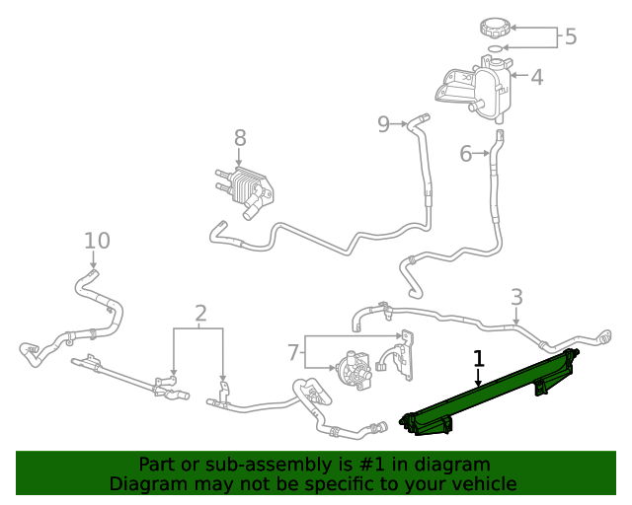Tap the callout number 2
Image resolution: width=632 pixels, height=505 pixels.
pos(200,314)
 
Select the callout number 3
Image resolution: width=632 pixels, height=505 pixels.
pos(516,297)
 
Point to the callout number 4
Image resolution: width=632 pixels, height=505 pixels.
pos(536,77)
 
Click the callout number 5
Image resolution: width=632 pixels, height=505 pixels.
pos(570,37)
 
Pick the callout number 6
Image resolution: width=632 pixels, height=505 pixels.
pos(466,153)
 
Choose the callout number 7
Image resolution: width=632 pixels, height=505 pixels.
pos(293,352)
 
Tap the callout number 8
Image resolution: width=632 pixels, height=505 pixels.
pos(239,139)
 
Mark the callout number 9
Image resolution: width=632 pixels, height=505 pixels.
pos(384,123)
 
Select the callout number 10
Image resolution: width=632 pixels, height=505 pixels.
pos(97,240)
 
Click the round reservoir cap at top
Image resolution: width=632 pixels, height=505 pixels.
pos(491,27)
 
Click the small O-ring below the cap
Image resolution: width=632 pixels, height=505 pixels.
pos(493,47)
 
